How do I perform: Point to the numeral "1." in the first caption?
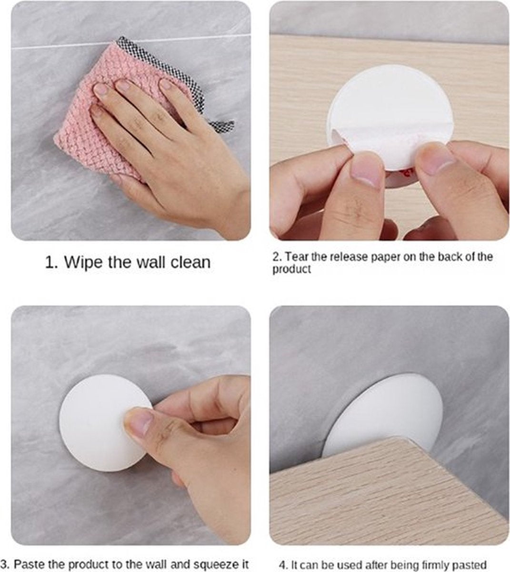51,263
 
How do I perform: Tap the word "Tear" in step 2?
297,257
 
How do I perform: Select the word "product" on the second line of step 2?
291,269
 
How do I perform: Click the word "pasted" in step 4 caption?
470,565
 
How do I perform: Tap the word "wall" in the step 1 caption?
154,262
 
